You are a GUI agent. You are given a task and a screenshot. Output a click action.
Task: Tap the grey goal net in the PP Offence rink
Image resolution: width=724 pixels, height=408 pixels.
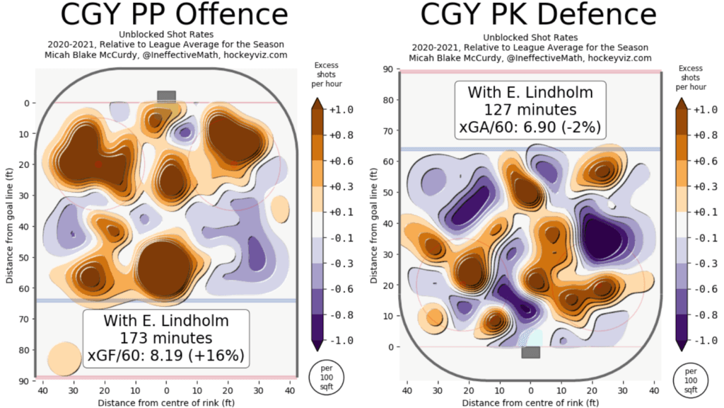coord(166,96)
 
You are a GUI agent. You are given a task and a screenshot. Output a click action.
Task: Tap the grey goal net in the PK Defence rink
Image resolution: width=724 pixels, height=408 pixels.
coord(530,352)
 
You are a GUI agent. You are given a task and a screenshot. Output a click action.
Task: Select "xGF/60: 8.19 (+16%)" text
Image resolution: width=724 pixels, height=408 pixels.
coord(167,355)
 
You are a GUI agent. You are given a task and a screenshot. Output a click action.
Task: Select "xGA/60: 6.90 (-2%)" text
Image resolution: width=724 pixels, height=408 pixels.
coord(530,128)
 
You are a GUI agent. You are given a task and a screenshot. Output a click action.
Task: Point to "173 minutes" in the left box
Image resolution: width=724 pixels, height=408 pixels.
coord(167,338)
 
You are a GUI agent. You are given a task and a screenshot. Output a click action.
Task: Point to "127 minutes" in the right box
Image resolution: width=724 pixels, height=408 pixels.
coord(530,110)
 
